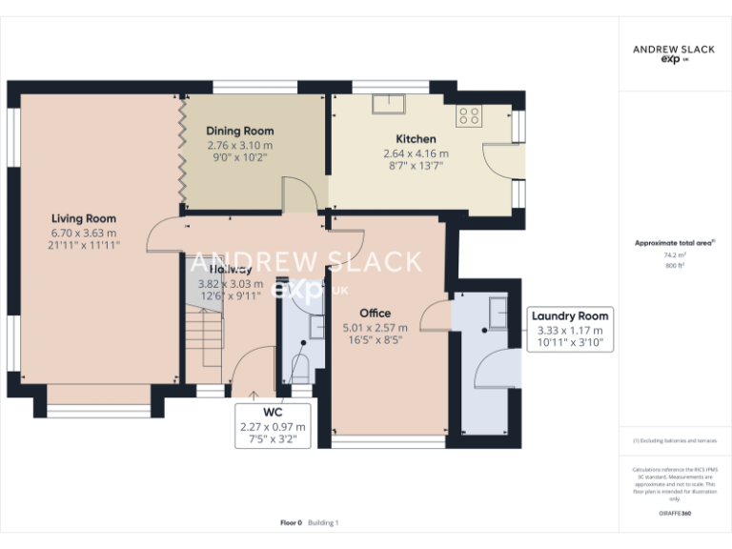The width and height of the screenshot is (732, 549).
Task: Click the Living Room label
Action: [84, 218]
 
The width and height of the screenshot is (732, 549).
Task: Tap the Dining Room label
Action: [240, 131]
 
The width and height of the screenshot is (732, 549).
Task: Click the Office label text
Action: [375, 313]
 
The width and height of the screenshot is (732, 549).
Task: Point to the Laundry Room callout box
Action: [570, 329]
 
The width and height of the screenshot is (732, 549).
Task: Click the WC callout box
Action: [274, 426]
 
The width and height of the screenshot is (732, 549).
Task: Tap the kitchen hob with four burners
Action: [468, 116]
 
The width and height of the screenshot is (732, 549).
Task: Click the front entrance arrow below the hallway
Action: [254, 393]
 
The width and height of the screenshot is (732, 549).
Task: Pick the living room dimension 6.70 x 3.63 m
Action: [84, 233]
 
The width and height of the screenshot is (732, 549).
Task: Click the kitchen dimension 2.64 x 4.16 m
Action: [416, 153]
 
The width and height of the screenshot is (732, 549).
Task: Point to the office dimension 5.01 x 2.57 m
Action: [375, 327]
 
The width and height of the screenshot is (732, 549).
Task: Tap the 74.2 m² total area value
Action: [675, 255]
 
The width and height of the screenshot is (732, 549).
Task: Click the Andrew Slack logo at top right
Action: [675, 52]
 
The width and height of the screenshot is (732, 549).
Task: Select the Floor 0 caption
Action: [291, 522]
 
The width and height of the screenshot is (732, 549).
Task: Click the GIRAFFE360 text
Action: [675, 514]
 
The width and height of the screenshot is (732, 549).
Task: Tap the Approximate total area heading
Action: [674, 243]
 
